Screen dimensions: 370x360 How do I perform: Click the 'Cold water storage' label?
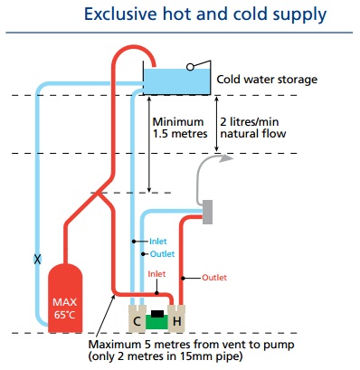tap(267, 80)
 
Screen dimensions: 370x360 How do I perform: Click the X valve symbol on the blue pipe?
tap(37, 258)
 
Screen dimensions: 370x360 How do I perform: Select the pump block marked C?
tap(137, 321)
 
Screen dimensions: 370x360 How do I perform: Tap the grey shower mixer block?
tap(206, 211)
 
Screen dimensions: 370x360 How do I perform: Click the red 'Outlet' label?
tap(215, 277)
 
